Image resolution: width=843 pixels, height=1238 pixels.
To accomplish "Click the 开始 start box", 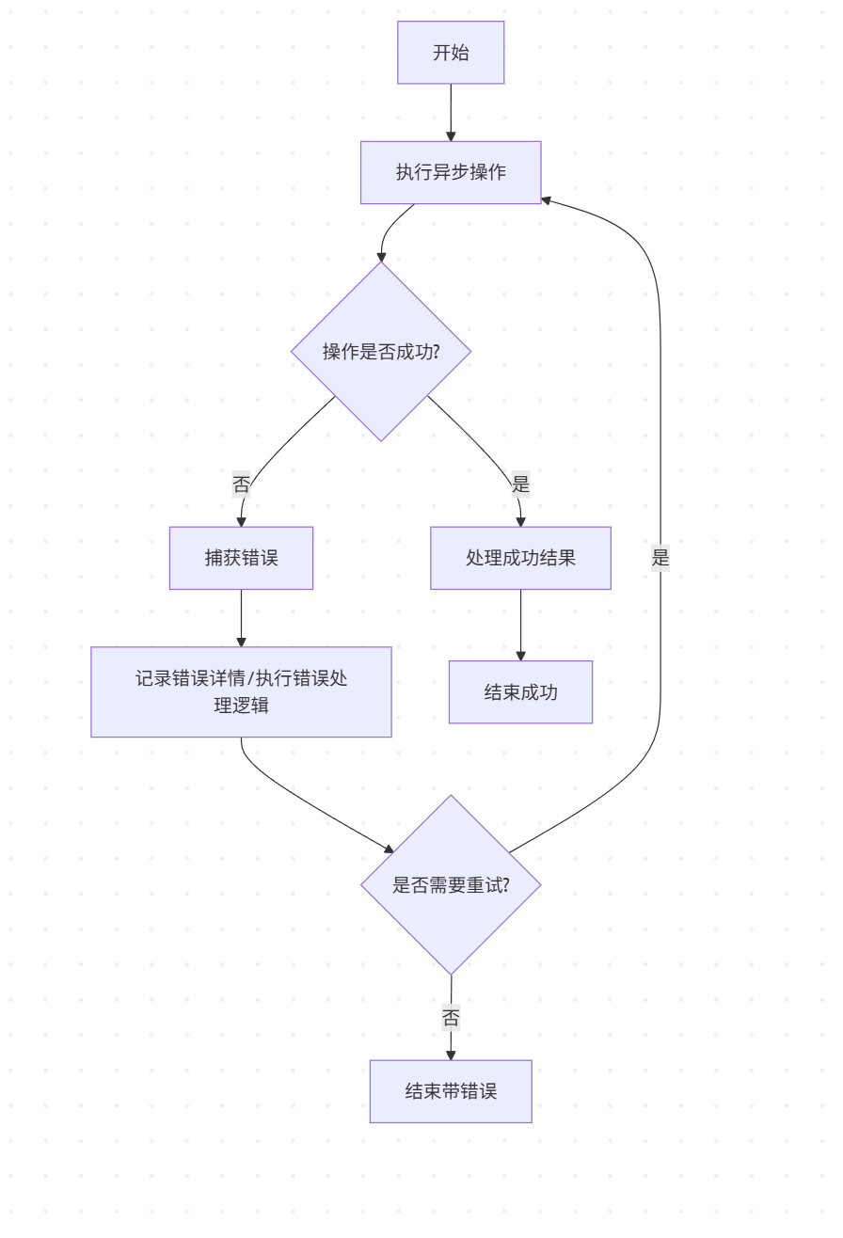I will point(451,53).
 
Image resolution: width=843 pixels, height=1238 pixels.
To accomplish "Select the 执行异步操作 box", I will point(451,172).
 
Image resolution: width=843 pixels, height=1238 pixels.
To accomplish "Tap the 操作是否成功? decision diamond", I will point(381,351).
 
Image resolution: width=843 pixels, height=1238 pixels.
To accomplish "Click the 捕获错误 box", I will point(241,558).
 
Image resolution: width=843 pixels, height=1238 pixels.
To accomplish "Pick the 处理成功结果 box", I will point(520,558).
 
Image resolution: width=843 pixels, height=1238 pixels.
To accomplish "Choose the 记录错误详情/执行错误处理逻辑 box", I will point(241,691).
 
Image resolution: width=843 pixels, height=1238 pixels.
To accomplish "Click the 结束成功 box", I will point(520,692).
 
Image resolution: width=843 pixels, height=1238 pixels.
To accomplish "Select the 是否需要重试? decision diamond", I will point(451,885).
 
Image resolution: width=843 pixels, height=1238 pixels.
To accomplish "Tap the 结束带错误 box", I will point(451,1091).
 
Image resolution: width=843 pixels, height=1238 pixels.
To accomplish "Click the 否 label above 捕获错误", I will point(242,484).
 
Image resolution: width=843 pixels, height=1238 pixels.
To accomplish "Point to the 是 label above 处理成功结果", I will point(520,484).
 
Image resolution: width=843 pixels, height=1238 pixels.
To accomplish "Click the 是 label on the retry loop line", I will point(660,558).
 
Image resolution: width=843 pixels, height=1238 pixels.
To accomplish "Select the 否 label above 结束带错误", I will point(451,1018).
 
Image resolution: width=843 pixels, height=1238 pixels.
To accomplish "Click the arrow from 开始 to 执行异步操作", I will point(451,112).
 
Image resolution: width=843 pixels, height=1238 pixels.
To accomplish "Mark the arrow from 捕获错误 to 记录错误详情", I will point(241,618).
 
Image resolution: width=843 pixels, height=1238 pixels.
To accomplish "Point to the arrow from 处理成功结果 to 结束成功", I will point(520,625).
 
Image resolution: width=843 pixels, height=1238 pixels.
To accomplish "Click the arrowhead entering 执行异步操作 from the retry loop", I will point(547,200).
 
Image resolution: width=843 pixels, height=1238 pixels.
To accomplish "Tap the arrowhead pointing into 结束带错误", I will point(451,1055).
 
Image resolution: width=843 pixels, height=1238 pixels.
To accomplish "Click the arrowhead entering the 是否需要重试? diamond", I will point(388,849).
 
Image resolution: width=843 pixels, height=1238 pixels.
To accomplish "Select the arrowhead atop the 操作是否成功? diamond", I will point(381,256).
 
